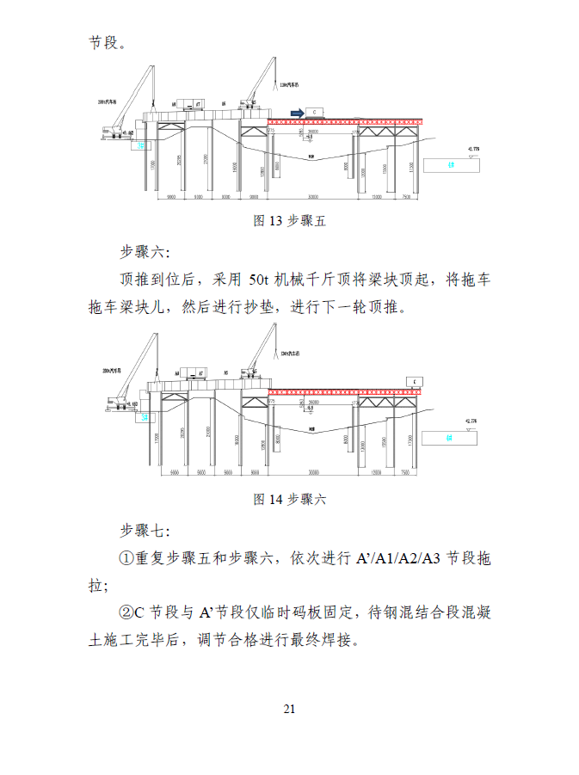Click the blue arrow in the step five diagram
(296, 112)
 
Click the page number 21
(289, 709)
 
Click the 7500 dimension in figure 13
(405, 197)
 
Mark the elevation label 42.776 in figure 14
(471, 421)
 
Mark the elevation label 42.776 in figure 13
(472, 149)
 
